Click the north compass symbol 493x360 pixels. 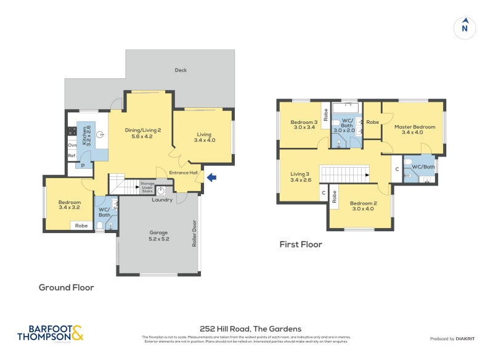(x=465, y=28)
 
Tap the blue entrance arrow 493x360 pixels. (x=211, y=178)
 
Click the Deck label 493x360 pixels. (x=181, y=70)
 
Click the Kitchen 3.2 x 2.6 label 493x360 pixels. (x=86, y=135)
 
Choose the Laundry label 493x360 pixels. (x=161, y=200)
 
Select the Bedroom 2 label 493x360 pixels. (x=362, y=205)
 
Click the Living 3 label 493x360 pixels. (x=301, y=178)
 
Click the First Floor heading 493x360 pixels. (x=301, y=245)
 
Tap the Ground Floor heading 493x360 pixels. (x=66, y=287)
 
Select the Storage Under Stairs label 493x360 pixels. (x=147, y=187)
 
